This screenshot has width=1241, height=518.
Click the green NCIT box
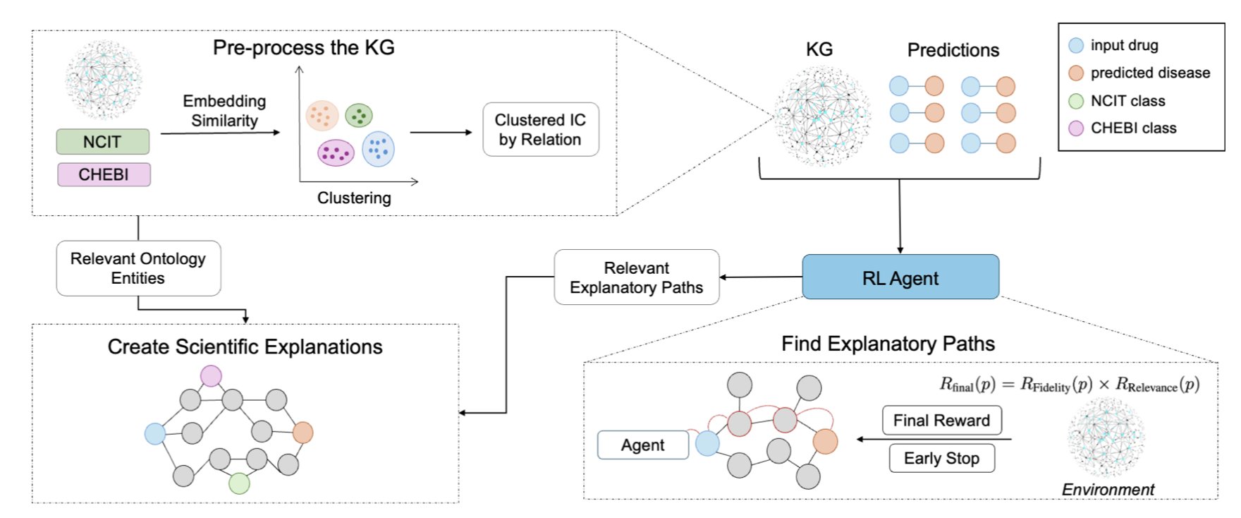coord(103,142)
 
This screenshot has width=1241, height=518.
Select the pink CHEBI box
coord(104,174)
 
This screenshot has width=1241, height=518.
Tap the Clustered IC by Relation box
coord(540,130)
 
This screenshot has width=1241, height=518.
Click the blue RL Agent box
coord(900,277)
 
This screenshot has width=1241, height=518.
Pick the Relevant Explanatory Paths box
coord(636,277)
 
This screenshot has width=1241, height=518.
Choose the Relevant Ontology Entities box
coord(138,268)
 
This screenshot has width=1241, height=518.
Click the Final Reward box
coord(941,421)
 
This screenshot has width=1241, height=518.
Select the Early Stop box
coord(941,458)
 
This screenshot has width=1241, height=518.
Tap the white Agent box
coord(642,445)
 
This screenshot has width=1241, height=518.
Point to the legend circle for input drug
coord(1076,46)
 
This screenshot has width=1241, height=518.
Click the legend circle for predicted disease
coord(1076,73)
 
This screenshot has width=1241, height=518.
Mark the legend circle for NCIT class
coord(1076,101)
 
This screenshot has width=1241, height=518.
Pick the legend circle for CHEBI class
coord(1076,128)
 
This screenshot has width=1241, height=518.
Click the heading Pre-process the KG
coord(303,48)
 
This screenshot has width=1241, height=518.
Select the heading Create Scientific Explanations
coord(245,347)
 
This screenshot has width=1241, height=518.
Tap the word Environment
coord(1108,490)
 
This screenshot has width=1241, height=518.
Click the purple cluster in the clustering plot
coord(336,152)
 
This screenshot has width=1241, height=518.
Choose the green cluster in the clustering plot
coord(359,115)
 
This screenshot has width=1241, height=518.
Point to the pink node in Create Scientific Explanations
coord(211,375)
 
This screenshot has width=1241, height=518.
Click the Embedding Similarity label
coord(224,111)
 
